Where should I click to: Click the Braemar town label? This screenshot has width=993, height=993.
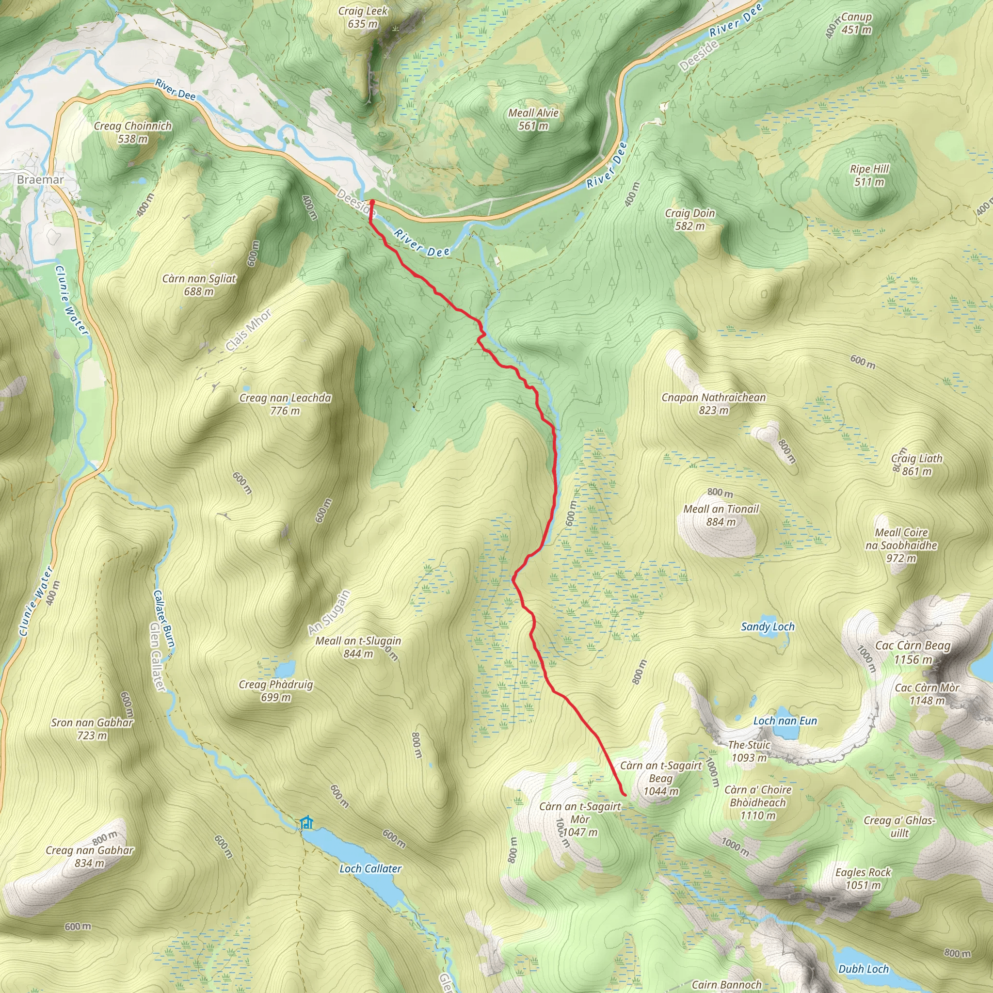click(40, 179)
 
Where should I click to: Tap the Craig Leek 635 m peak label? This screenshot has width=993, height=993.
click(363, 17)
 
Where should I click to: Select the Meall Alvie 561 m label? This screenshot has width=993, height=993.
click(533, 119)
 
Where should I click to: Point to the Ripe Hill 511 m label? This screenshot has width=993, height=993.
click(869, 175)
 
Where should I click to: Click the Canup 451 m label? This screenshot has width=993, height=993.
click(856, 23)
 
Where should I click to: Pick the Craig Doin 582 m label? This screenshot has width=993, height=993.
click(689, 219)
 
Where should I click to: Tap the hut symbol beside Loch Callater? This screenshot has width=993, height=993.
click(306, 822)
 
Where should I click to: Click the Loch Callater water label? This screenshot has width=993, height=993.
click(370, 868)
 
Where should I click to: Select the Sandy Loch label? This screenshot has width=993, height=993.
click(768, 626)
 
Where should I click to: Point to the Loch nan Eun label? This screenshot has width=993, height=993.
click(785, 721)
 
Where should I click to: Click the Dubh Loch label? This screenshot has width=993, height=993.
click(863, 969)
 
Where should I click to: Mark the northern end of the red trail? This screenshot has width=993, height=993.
click(371, 202)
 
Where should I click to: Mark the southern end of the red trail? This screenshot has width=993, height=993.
click(625, 795)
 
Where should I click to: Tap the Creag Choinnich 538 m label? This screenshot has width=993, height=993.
click(132, 132)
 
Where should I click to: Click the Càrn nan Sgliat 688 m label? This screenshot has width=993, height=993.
click(199, 285)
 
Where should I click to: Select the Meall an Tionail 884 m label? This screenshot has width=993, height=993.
click(721, 515)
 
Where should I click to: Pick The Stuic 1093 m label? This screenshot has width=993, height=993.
click(749, 751)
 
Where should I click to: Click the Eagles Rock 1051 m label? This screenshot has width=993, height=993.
click(863, 879)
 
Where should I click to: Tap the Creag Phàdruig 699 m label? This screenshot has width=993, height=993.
click(275, 690)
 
